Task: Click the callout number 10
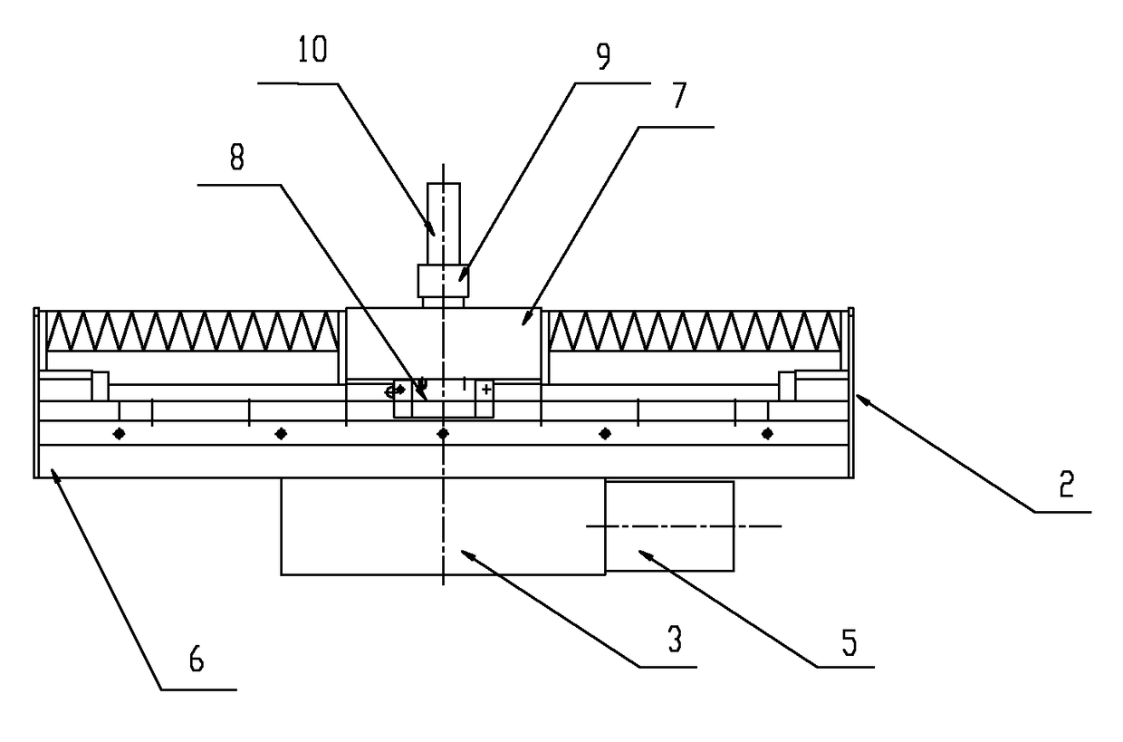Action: click(312, 49)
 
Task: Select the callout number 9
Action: click(603, 56)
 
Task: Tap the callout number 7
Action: click(679, 95)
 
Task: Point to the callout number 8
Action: click(236, 157)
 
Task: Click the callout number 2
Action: click(1066, 484)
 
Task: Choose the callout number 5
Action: click(849, 642)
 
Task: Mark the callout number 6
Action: click(197, 659)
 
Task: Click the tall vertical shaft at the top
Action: click(444, 224)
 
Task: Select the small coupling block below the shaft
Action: click(444, 281)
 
